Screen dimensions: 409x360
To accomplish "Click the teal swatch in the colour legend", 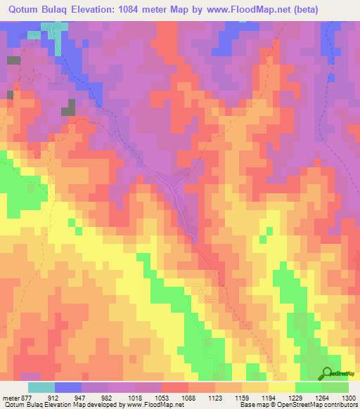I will coord(41,387).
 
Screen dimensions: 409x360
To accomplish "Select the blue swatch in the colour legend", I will coord(67,387).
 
